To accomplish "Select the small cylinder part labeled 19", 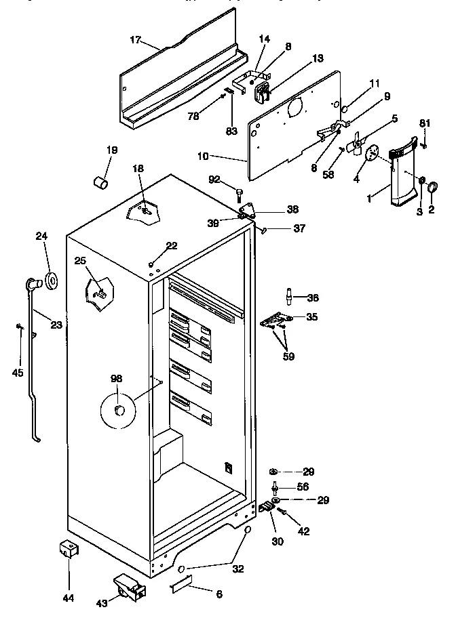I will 101,183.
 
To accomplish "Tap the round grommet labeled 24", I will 50,279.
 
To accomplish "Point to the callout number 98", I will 117,379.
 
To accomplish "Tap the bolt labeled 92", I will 239,195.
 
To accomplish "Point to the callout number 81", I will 425,123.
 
